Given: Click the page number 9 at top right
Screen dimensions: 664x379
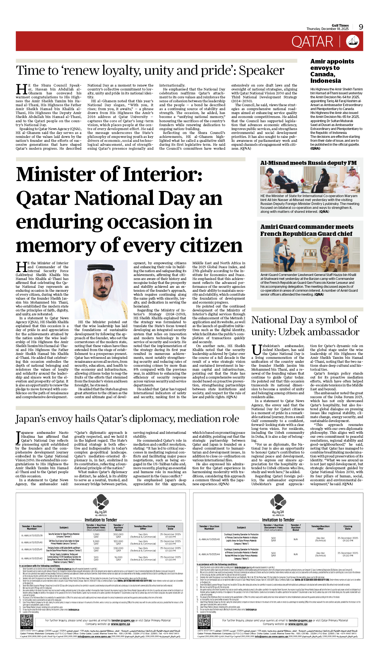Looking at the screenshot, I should point(361,27).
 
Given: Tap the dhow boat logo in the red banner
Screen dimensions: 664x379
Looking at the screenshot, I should point(353,41).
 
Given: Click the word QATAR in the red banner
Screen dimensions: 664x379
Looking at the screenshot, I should point(312,42).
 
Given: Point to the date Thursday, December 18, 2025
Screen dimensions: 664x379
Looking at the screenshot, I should point(327,29).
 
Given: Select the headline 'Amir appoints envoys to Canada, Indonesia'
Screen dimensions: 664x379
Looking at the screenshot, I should point(332,71).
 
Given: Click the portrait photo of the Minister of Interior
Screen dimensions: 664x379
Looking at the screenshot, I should point(101,289).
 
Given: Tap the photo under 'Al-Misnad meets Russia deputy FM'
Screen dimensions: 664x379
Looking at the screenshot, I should point(310,179).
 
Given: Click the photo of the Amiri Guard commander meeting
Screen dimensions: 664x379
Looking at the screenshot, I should point(310,254).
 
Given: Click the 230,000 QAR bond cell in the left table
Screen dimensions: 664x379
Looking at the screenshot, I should point(118,549).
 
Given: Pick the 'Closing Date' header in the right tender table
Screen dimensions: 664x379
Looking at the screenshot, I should point(348,528).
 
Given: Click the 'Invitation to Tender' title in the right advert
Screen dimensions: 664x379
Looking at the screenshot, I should point(278,520).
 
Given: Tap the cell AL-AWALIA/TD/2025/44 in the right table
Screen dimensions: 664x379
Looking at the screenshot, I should point(209,554).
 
